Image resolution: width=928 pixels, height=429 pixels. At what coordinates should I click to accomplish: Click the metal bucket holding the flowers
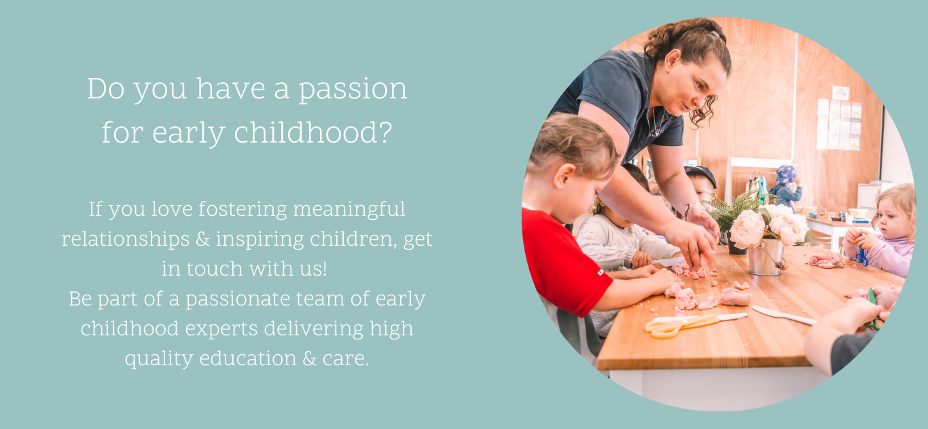pyautogui.click(x=765, y=257)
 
